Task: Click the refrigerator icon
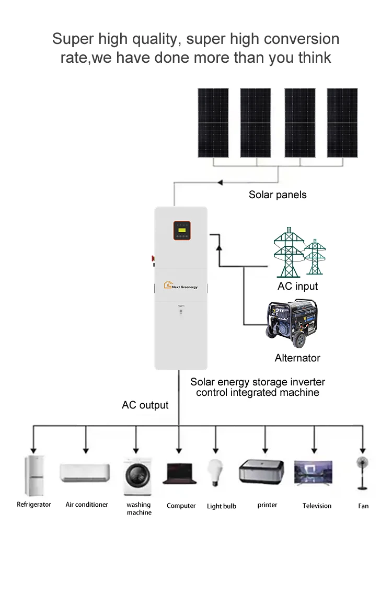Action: pos(34,475)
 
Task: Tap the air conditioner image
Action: pos(85,473)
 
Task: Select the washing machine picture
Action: pos(138,476)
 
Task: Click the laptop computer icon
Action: pos(180,473)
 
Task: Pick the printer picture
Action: pos(261,471)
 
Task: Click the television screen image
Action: pos(313,473)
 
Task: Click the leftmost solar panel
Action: pos(213,122)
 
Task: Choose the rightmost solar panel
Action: pos(342,122)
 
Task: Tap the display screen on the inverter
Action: pos(182,230)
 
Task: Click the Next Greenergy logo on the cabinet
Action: pos(181,286)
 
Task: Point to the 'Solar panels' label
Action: pos(278,195)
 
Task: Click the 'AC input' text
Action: pos(297,286)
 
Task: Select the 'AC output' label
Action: pos(145,405)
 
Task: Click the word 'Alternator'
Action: pos(297,358)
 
